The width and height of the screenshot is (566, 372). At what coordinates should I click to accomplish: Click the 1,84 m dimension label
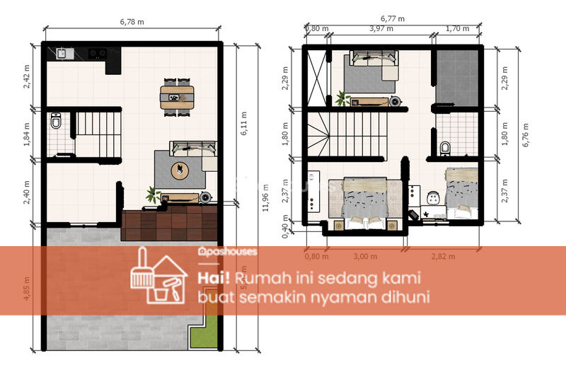click(x=27, y=133)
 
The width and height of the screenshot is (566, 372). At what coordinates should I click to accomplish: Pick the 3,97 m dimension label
click(x=382, y=29)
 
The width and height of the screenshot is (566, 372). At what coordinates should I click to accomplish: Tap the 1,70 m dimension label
click(x=458, y=29)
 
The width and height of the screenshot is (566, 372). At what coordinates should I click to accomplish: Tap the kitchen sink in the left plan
click(x=62, y=52)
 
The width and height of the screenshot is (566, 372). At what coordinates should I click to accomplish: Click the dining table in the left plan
click(x=176, y=97)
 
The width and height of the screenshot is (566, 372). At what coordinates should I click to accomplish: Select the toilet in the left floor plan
click(x=57, y=124)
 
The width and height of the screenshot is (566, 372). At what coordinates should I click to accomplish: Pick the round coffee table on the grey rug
click(x=180, y=170)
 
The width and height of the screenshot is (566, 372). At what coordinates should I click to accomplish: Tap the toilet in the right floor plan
click(x=445, y=147)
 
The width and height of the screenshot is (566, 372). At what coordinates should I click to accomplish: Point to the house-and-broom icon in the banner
click(x=157, y=278)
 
